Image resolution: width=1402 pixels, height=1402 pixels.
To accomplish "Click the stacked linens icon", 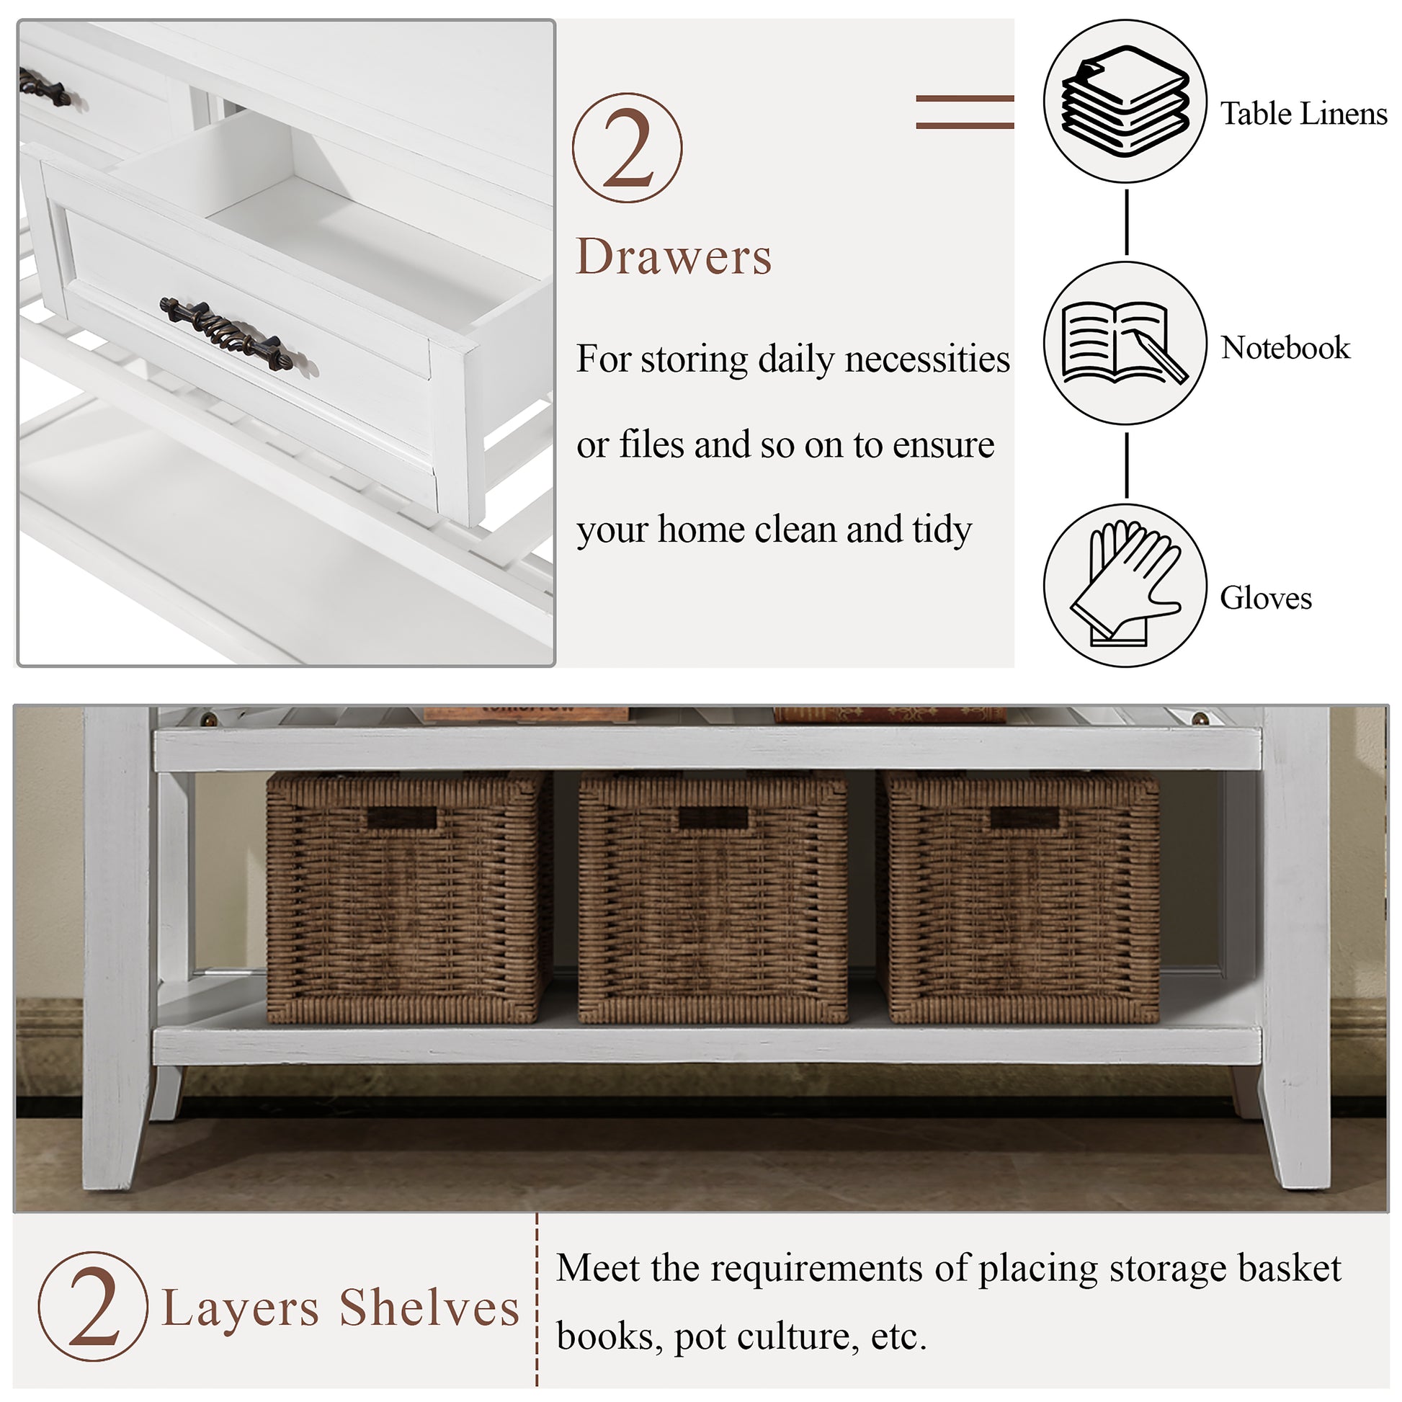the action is click(1125, 101).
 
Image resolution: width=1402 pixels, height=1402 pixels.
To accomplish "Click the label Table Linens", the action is click(1303, 114).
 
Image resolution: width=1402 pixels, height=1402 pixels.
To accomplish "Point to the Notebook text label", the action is click(1285, 347).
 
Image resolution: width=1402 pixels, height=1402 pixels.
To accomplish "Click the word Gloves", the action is click(1267, 598).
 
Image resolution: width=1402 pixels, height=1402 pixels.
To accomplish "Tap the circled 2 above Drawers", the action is click(628, 148).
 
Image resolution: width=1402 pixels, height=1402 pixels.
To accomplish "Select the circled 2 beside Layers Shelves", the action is click(93, 1306).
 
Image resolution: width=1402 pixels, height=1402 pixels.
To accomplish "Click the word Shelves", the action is click(429, 1308).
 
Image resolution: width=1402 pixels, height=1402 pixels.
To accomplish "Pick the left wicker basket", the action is click(406, 897).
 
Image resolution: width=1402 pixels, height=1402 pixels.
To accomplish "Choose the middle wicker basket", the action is click(713, 897).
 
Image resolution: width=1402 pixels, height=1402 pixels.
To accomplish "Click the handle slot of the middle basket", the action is click(713, 818).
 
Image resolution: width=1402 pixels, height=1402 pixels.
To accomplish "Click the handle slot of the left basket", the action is click(402, 818).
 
